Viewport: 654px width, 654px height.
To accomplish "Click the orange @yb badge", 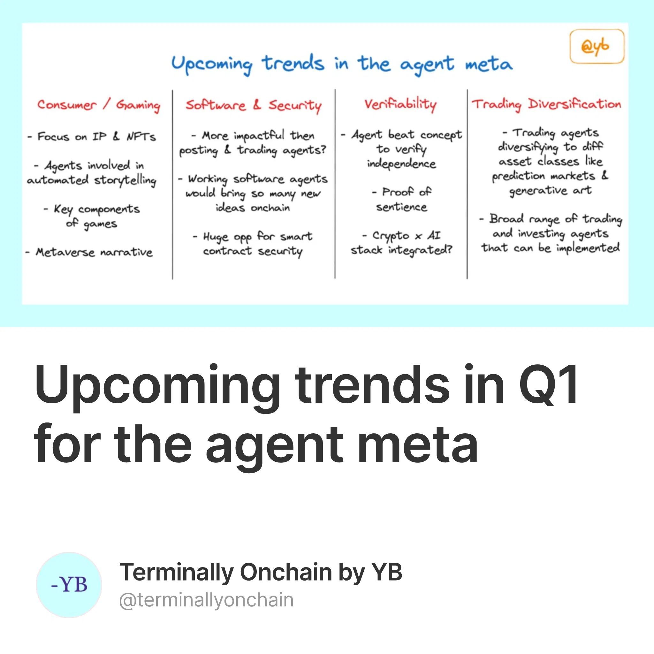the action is tap(597, 46).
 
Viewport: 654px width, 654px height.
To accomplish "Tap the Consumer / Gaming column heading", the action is tap(98, 105).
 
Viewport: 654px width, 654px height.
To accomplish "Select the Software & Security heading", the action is tap(253, 105).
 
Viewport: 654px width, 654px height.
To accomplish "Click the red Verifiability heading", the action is tap(400, 104).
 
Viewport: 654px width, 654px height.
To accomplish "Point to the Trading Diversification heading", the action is tap(547, 104).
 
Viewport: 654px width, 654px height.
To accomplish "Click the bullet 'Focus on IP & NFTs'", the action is tap(92, 136).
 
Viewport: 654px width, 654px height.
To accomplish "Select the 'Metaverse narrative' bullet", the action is tap(89, 252).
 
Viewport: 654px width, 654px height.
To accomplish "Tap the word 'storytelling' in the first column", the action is tap(125, 180).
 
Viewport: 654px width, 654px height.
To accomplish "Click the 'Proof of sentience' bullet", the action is tap(402, 199).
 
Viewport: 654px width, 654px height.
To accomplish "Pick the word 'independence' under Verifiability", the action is tap(402, 164).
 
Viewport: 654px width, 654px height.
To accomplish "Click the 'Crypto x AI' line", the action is tap(402, 235).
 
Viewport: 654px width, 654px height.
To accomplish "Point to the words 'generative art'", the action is tap(551, 191).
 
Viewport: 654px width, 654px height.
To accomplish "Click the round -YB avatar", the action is tap(69, 585).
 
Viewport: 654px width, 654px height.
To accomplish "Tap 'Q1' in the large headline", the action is tap(548, 385).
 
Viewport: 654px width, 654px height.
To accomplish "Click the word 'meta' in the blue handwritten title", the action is tap(489, 64).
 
